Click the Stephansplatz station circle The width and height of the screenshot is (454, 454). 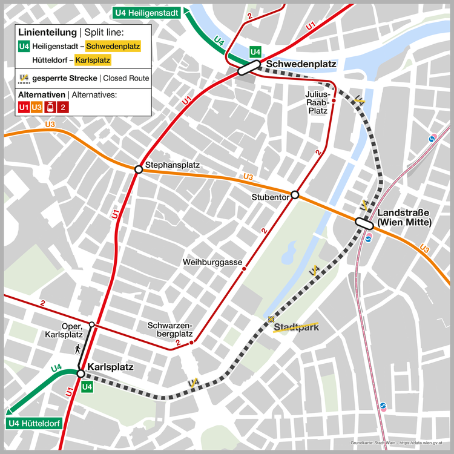139,169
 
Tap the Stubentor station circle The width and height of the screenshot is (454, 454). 295,195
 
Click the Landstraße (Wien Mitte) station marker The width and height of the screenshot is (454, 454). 364,223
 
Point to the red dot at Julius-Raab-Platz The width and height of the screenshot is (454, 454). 334,100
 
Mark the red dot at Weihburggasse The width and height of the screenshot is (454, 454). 244,268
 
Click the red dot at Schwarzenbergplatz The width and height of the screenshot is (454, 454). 191,343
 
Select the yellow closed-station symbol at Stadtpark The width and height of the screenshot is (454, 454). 272,319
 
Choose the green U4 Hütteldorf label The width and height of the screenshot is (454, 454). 33,423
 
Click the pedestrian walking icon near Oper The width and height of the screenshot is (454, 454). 77,349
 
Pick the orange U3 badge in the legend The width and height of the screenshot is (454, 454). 37,107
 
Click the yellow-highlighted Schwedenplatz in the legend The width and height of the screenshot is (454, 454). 113,46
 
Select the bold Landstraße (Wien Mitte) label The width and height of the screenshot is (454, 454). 404,218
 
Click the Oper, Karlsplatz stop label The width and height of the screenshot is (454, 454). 65,330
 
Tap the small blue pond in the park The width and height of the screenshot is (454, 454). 288,248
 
